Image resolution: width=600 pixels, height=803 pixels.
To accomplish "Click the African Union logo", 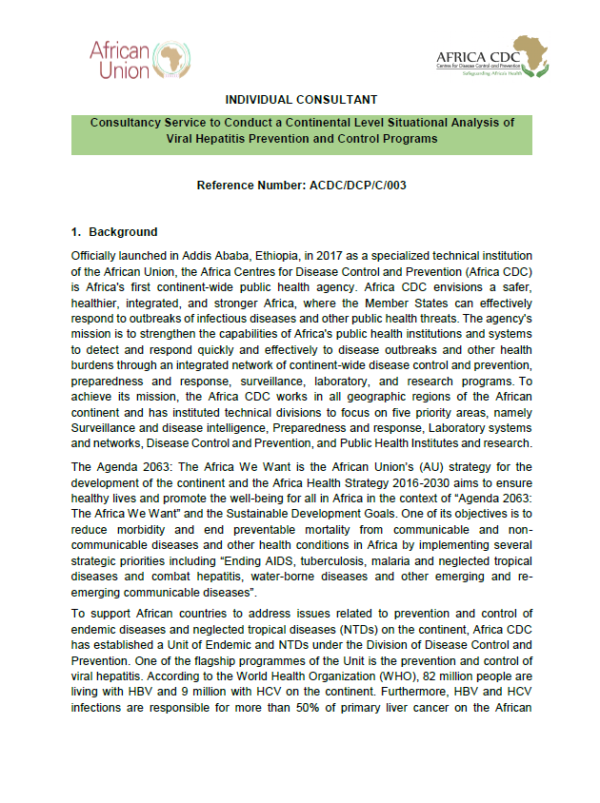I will tap(134, 59).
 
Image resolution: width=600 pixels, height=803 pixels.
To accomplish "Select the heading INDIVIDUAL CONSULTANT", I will tap(301, 100).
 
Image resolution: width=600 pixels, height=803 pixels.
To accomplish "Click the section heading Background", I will tap(123, 232).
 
